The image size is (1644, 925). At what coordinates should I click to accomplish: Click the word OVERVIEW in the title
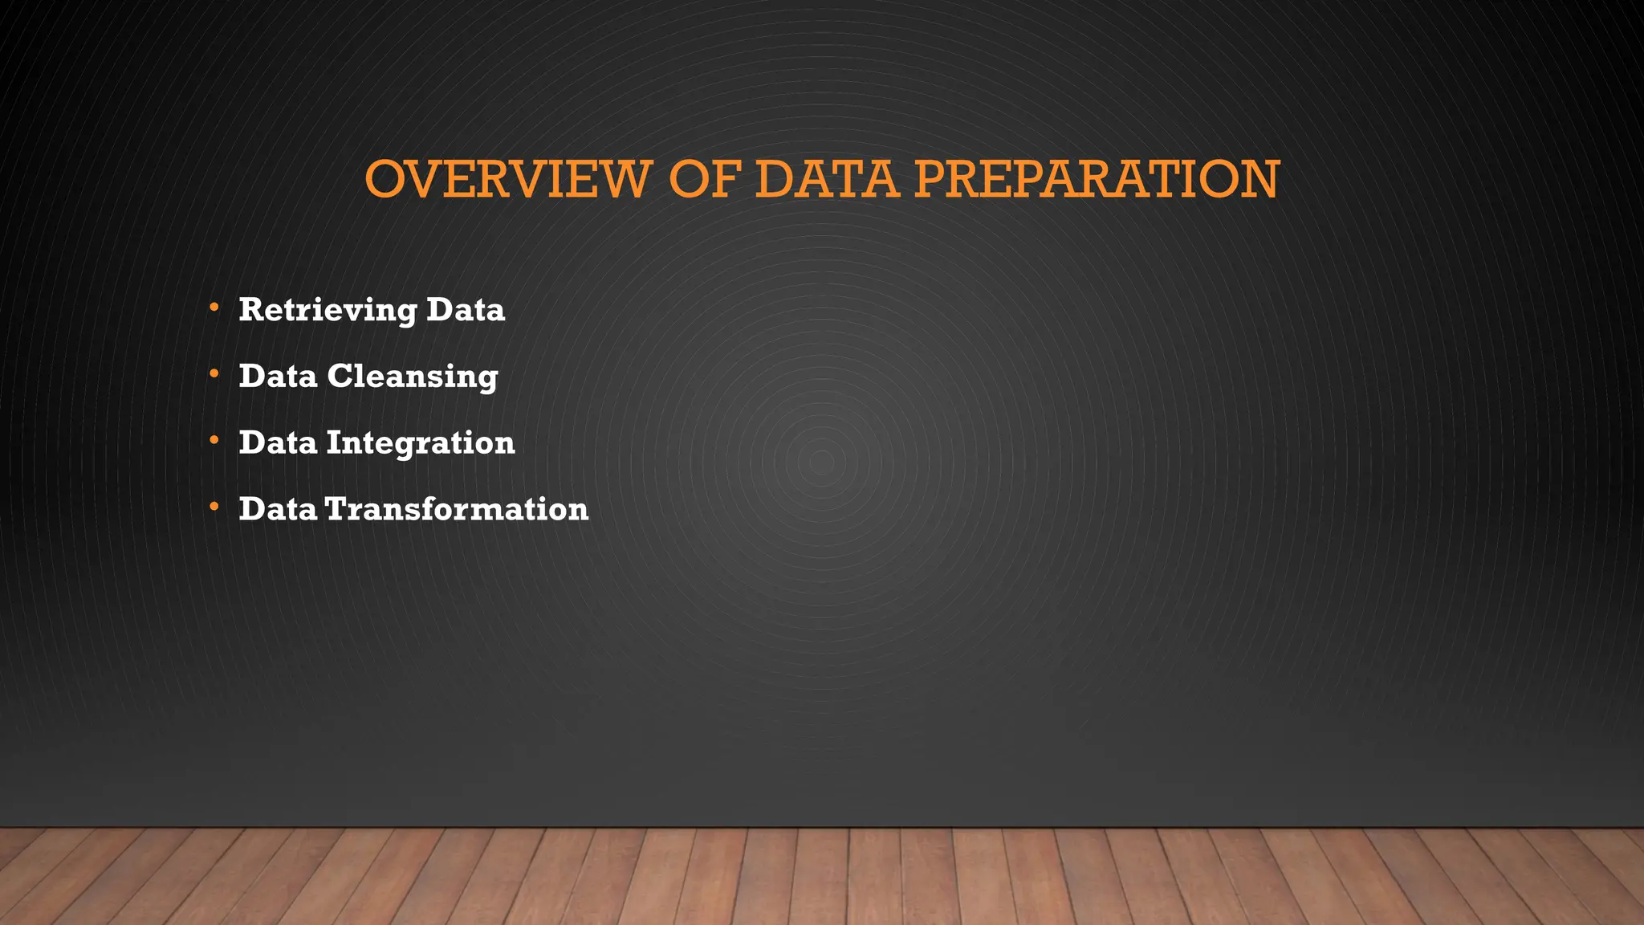(x=507, y=179)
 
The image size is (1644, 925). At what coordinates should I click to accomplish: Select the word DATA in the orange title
(x=826, y=179)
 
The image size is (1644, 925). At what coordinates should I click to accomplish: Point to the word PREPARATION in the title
(x=1097, y=179)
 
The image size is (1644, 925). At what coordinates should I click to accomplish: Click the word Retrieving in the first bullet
(x=328, y=310)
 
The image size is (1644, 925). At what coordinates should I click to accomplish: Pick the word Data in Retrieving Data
(x=466, y=310)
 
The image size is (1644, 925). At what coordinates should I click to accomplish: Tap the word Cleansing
(x=413, y=377)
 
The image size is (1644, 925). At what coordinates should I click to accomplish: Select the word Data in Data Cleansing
(x=278, y=377)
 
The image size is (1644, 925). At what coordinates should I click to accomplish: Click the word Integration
(x=421, y=443)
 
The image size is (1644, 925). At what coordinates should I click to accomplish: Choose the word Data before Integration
(x=278, y=443)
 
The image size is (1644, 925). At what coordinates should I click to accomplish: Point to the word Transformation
(x=457, y=509)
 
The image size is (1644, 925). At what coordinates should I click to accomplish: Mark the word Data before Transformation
(x=278, y=509)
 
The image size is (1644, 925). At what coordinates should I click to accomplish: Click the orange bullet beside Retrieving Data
(x=214, y=308)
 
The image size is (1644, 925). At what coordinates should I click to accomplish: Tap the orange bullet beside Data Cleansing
(x=214, y=374)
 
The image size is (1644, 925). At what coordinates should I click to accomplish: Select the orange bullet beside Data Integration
(x=214, y=440)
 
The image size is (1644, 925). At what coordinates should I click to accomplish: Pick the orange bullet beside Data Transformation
(x=214, y=507)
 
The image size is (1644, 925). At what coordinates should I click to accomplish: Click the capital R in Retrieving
(x=251, y=310)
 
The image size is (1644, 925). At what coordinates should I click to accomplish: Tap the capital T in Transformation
(x=338, y=509)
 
